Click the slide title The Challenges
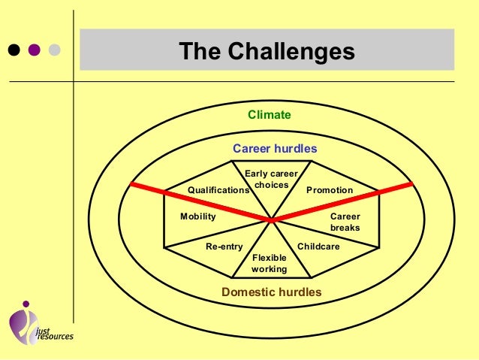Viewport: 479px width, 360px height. (267, 52)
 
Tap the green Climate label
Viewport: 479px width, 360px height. (270, 115)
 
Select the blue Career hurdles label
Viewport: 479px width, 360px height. (275, 148)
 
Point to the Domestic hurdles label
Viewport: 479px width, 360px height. (271, 292)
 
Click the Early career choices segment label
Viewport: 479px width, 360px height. (272, 180)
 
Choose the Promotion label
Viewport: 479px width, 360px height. (330, 190)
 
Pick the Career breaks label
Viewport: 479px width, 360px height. (345, 222)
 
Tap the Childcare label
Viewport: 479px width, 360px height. (319, 247)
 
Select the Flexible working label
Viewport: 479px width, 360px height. (270, 263)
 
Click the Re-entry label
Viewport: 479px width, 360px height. (224, 247)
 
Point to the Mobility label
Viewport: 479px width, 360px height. (198, 216)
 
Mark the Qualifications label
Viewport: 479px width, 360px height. (218, 191)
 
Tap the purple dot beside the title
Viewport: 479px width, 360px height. (34, 50)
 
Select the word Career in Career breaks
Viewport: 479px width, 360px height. (345, 216)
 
